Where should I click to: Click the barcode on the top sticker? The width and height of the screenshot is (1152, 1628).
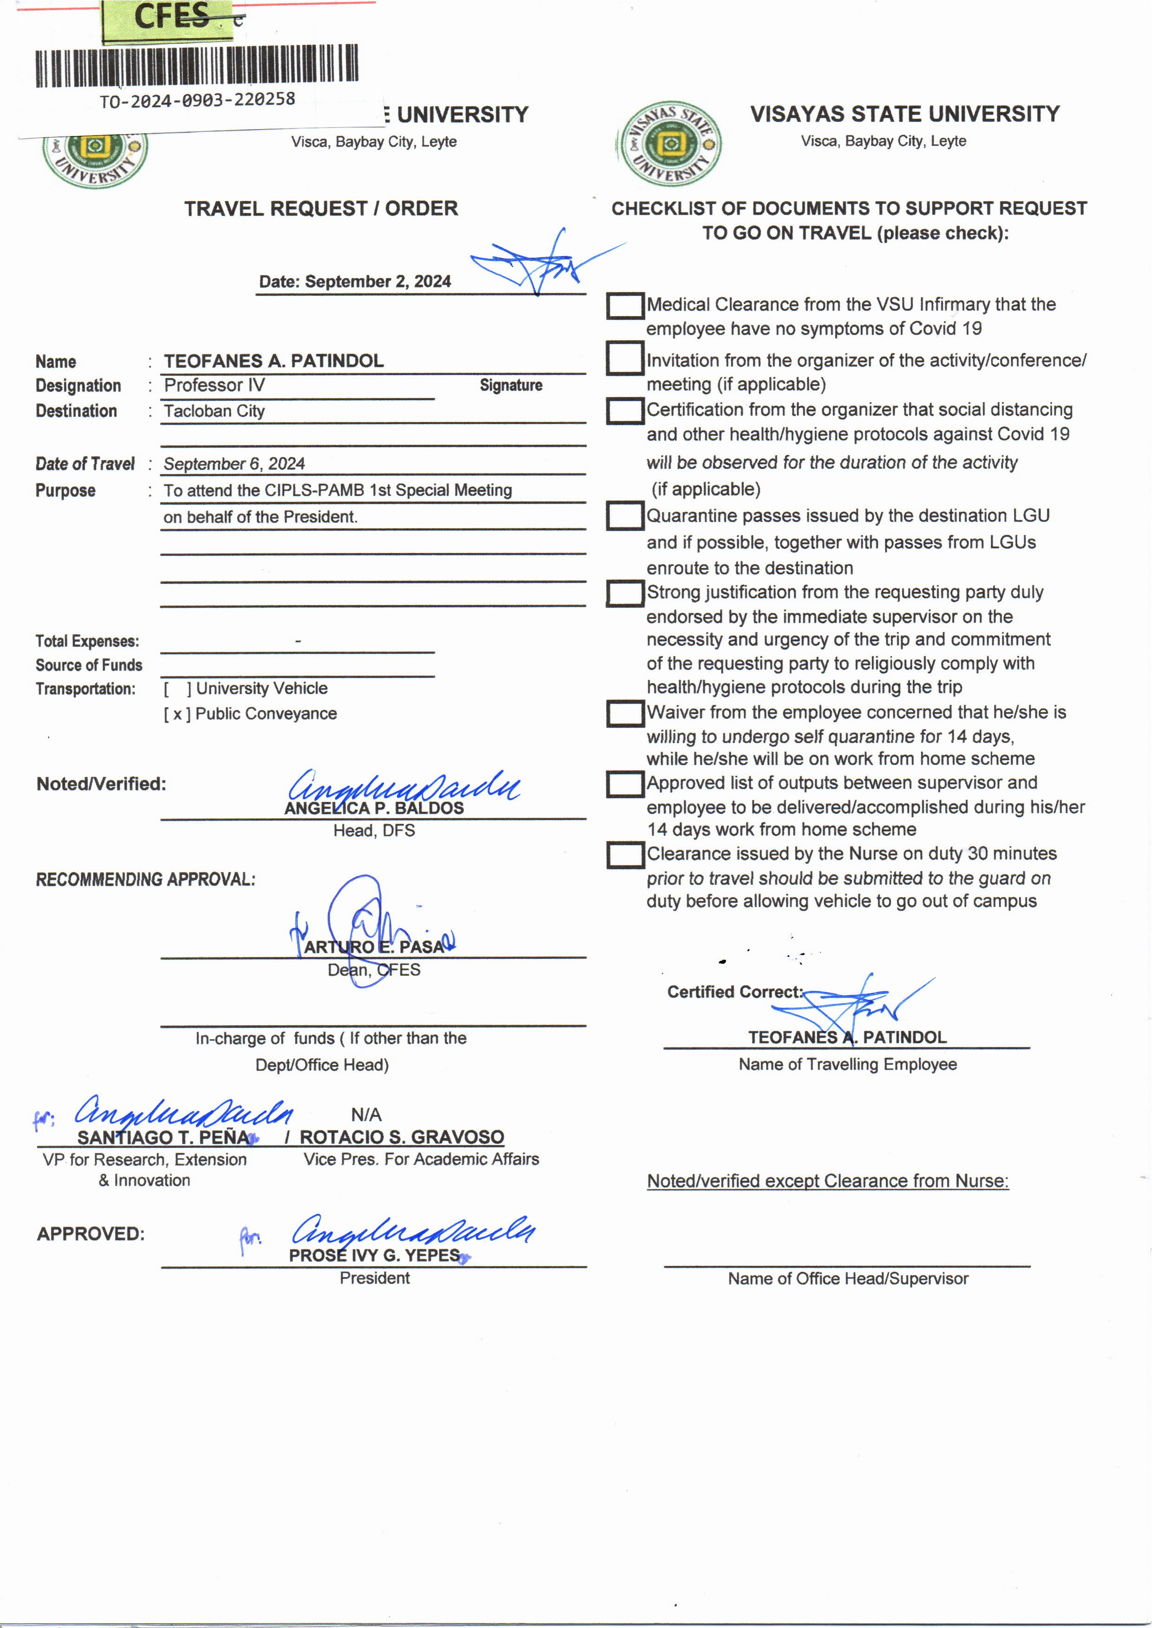(x=196, y=66)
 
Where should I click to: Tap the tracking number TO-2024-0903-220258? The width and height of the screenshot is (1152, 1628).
(x=197, y=100)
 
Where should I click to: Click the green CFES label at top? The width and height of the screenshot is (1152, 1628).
(x=172, y=17)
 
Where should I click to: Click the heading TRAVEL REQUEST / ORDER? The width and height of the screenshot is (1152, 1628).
(x=321, y=208)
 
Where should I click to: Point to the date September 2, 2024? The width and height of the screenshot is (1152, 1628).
(x=355, y=281)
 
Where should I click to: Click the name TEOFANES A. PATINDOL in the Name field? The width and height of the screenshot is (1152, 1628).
(x=274, y=361)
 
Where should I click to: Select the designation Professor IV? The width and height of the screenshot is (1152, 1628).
(x=214, y=385)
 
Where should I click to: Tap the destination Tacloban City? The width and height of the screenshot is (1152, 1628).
(x=214, y=411)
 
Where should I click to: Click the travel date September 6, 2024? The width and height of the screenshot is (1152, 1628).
(x=234, y=464)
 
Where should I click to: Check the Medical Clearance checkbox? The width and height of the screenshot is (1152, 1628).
(x=625, y=306)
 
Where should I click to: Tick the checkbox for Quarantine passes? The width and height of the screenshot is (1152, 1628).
(x=625, y=516)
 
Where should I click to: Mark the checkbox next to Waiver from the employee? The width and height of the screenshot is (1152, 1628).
(x=625, y=713)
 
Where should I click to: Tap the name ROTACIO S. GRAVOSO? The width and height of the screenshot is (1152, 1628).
(x=402, y=1137)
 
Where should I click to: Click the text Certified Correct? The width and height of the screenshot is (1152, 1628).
(x=734, y=992)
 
